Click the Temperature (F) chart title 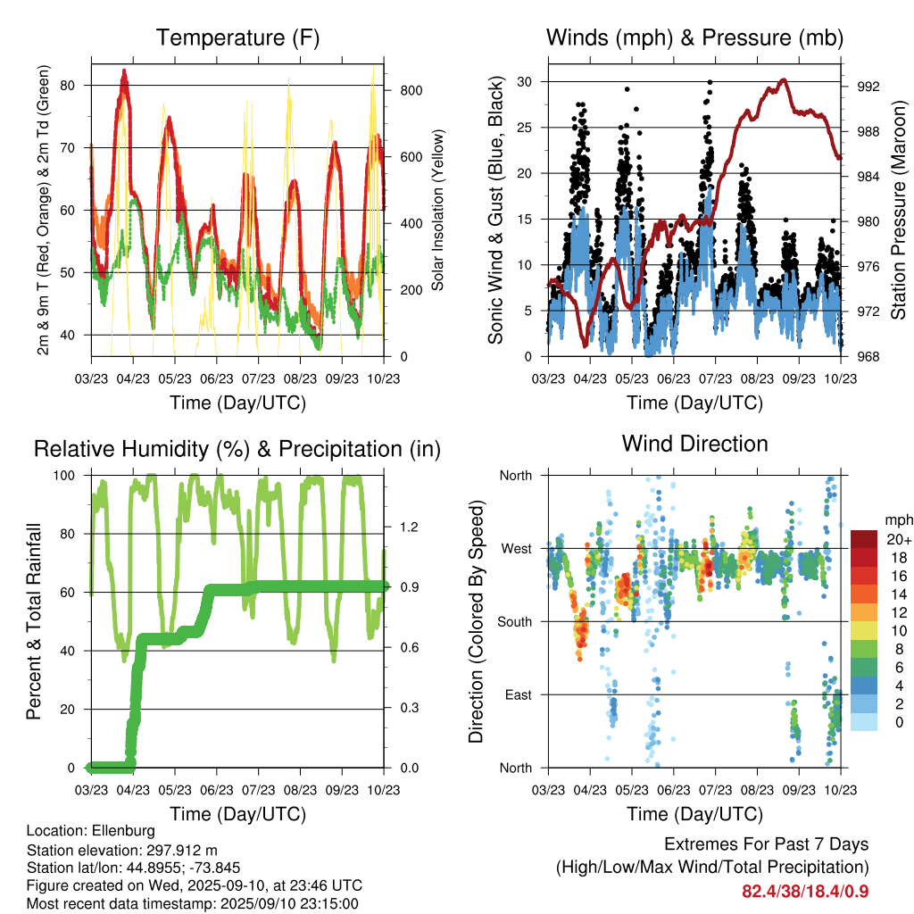click(x=237, y=37)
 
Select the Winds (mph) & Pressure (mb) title click(x=694, y=37)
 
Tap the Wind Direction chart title click(x=694, y=443)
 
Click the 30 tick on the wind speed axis click(x=528, y=82)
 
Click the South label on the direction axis click(x=516, y=621)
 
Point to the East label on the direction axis click(x=519, y=694)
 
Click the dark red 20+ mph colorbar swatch click(x=863, y=539)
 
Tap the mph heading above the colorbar click(x=897, y=519)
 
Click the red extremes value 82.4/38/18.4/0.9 click(x=804, y=891)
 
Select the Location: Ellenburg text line click(x=90, y=831)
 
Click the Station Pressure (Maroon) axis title click(x=899, y=210)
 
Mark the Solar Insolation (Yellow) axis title click(x=438, y=210)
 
